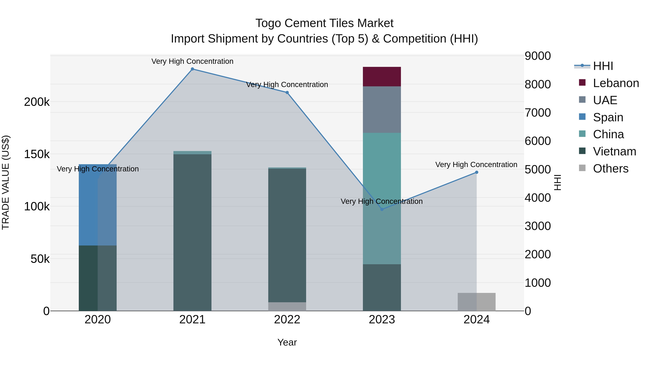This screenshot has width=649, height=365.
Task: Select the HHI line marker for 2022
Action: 287,92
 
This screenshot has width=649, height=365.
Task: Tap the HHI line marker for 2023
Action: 382,209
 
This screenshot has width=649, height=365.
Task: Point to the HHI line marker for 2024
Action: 476,172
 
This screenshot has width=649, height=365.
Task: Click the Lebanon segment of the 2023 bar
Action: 382,77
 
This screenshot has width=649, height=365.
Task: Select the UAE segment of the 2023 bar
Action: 382,110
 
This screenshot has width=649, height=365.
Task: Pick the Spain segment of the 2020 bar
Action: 88,205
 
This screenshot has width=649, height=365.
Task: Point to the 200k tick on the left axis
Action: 37,102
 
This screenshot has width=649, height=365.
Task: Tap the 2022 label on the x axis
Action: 287,320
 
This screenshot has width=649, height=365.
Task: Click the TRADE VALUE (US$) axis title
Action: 6,182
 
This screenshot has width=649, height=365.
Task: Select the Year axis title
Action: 287,342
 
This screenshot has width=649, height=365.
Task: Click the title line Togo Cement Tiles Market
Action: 324,23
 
